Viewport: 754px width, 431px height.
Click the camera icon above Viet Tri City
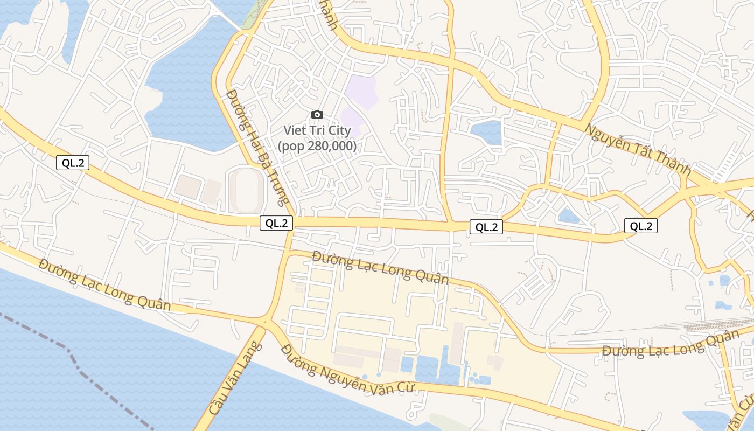[x=317, y=114]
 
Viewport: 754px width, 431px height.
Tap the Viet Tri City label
[x=317, y=130]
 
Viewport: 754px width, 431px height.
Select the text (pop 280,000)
[x=317, y=145]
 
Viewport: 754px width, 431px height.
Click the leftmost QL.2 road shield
[x=73, y=163]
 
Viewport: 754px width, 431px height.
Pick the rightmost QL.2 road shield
[x=641, y=226]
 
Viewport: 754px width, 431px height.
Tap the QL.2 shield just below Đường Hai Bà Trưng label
[x=276, y=223]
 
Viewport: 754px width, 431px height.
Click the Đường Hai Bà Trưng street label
[x=256, y=147]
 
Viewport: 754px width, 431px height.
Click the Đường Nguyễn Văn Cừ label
[x=347, y=370]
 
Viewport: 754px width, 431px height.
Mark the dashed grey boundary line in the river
[x=81, y=366]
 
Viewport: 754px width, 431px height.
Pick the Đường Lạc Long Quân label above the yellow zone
[x=380, y=267]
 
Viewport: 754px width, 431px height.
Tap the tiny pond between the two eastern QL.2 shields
[x=569, y=216]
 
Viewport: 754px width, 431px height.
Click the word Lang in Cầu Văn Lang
[x=250, y=356]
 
